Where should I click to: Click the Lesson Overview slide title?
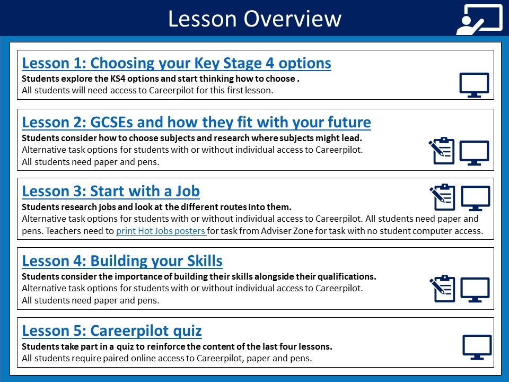(254, 19)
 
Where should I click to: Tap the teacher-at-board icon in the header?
(479, 20)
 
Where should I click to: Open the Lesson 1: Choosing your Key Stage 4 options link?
(176, 63)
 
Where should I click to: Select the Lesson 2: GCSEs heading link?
(196, 122)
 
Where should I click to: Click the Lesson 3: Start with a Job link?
(111, 191)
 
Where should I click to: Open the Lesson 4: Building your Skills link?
(122, 261)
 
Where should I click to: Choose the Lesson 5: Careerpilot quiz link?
(112, 331)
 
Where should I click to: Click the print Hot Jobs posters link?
(161, 231)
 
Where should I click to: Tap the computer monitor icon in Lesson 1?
(474, 85)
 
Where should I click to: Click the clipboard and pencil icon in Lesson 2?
(442, 151)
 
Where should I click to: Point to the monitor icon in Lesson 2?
(474, 153)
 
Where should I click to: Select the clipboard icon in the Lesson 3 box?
(442, 197)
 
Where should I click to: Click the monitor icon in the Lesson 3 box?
(476, 198)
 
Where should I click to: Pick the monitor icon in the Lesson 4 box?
(475, 290)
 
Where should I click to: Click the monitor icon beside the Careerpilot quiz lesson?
(477, 347)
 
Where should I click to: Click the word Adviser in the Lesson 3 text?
(276, 231)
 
